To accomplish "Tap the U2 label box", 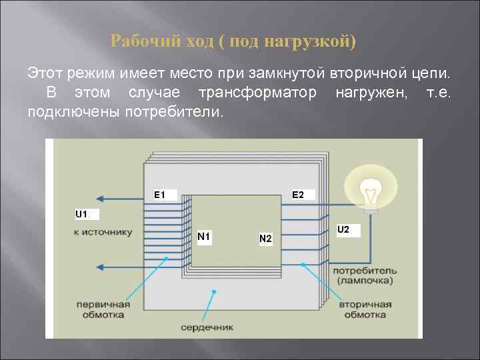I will (347, 230).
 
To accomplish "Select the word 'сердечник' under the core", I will (207, 328).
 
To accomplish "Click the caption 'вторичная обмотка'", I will (363, 309).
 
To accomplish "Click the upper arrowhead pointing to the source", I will (100, 198).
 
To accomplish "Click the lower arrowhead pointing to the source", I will (100, 267).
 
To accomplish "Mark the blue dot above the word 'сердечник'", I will (213, 291).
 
